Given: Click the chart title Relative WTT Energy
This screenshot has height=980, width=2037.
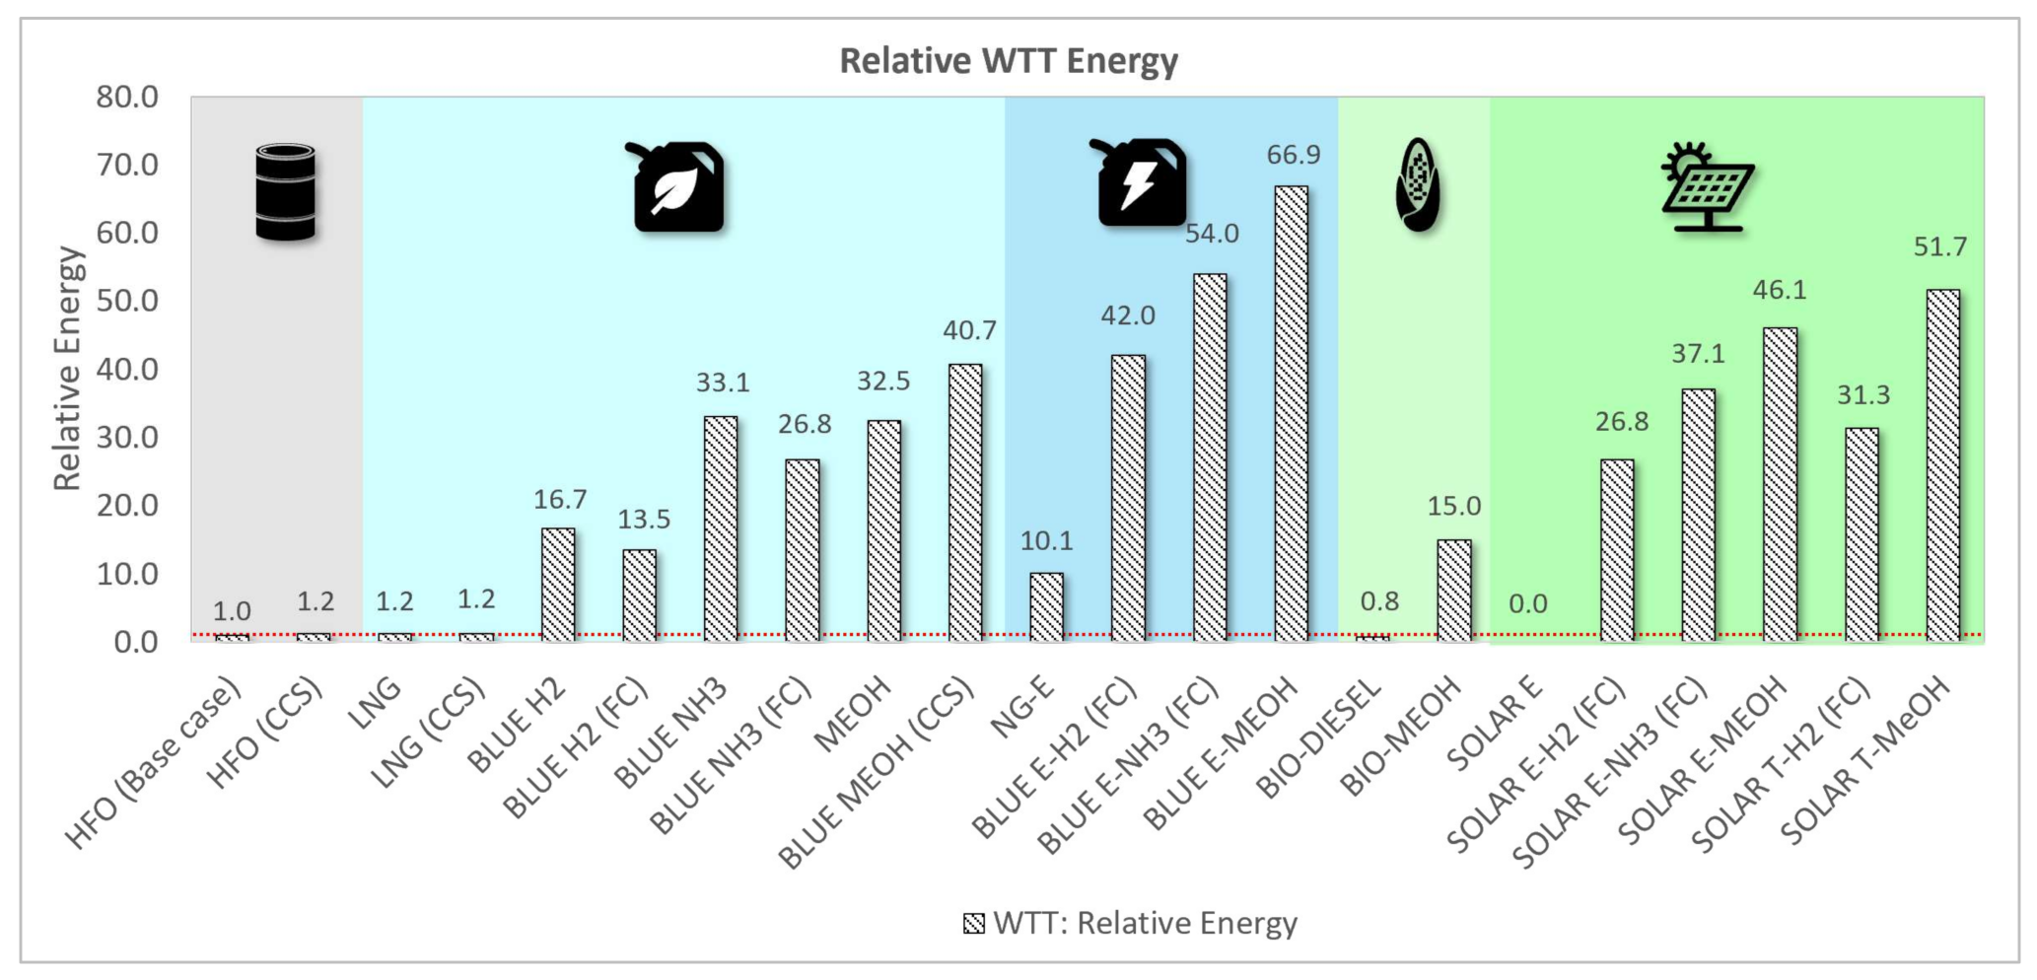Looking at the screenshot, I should coord(1008,61).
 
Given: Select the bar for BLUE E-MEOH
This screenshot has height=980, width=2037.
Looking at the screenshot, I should coord(1292,414).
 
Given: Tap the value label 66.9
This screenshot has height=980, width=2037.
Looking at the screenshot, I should coord(1293,155).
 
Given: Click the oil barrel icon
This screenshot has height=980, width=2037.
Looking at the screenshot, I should coord(285,192).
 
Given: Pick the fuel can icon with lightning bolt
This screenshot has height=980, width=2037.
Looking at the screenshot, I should coord(1142,183).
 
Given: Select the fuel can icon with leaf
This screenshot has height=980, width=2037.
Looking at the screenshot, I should coord(677,187).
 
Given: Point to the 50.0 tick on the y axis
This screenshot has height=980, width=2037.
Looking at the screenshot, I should coord(128,301).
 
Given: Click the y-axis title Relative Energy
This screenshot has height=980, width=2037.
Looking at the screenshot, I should coord(67,369).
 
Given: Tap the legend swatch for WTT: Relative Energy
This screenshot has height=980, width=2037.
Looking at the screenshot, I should coord(973,924).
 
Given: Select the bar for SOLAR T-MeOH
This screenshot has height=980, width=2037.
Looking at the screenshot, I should coord(1942,465).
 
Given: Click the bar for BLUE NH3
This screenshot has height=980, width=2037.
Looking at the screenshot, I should coord(721,528).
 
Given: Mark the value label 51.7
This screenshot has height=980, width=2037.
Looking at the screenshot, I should coord(1939,246).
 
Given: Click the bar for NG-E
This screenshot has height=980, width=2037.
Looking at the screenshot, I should coord(1046,606).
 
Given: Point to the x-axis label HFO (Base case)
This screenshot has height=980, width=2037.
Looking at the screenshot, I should coord(156,764).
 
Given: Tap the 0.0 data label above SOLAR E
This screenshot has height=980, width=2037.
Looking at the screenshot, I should coord(1527,603).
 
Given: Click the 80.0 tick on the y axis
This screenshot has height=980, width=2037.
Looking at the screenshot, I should coord(128,97).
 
